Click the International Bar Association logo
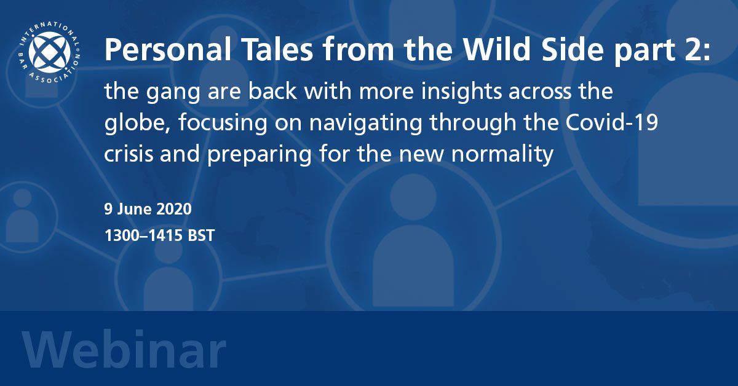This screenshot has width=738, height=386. (x=49, y=53)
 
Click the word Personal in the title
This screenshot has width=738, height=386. (x=168, y=49)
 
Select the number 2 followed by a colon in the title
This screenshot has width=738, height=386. (x=698, y=49)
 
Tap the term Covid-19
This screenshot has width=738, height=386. (x=612, y=122)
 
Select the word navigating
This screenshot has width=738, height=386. (x=366, y=123)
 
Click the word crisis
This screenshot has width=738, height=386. (x=129, y=153)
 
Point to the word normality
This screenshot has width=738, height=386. (x=502, y=154)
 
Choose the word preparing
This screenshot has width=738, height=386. (x=260, y=154)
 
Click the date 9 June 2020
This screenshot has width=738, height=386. (x=148, y=209)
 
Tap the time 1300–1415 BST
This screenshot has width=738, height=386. (x=159, y=235)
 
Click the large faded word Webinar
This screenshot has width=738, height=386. (x=124, y=350)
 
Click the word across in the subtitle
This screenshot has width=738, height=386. (x=540, y=92)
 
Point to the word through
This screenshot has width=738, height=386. (x=473, y=123)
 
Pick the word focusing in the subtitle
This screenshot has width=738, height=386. (x=223, y=123)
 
